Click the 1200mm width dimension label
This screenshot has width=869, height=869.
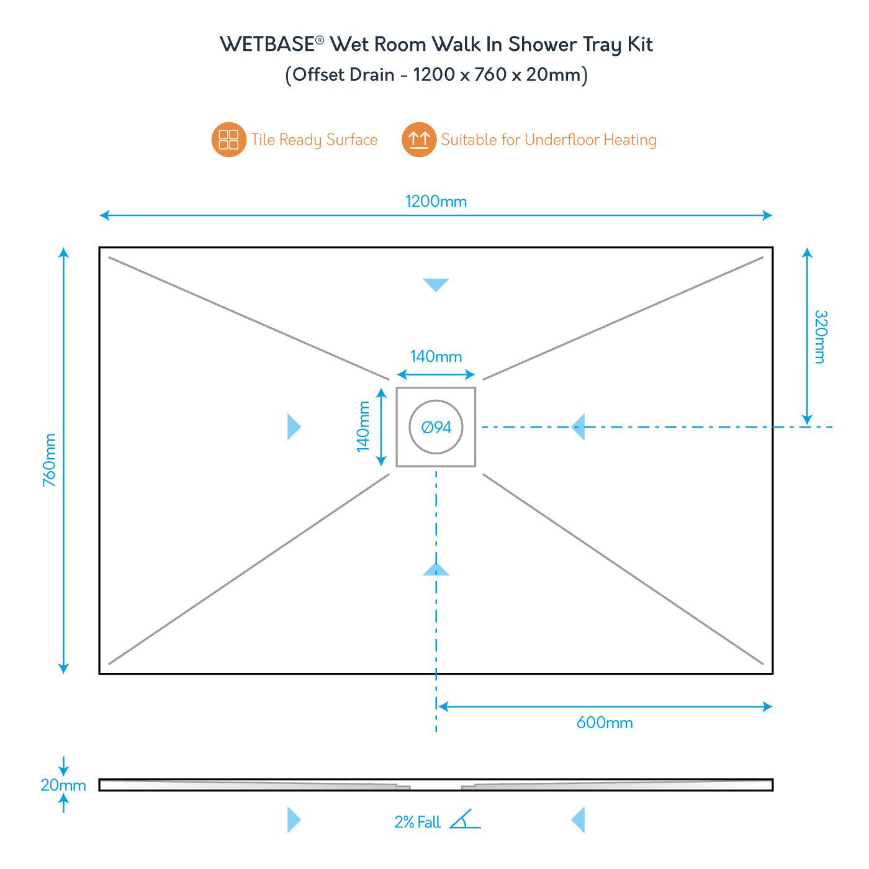436,201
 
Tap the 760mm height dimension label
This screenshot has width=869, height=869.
50,460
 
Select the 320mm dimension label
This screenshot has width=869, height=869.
820,336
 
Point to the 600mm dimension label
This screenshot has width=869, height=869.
605,723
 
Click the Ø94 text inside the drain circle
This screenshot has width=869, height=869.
436,427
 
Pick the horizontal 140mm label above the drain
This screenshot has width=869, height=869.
436,357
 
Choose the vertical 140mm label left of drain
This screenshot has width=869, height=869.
364,426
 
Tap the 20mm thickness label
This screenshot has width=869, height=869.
63,785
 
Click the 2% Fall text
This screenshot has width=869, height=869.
417,822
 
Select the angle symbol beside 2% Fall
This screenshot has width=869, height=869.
465,820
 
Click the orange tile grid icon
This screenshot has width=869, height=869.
228,140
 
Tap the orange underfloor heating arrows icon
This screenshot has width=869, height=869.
419,140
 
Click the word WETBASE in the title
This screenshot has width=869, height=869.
268,45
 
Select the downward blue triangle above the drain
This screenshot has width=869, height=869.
436,285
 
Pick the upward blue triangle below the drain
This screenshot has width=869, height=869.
436,569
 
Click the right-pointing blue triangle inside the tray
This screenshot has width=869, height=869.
294,427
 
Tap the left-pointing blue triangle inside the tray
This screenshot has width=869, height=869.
579,427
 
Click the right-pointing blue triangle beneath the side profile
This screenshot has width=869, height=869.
294,820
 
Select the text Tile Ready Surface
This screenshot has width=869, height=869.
314,140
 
